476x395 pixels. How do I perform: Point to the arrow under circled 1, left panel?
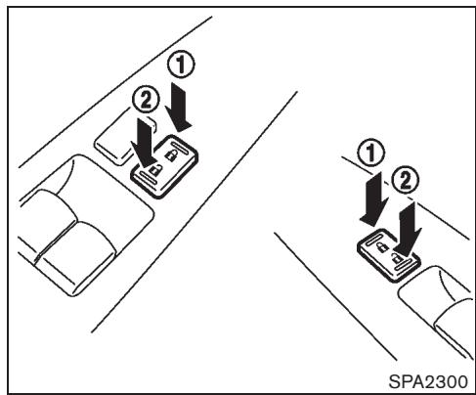(183, 104)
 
